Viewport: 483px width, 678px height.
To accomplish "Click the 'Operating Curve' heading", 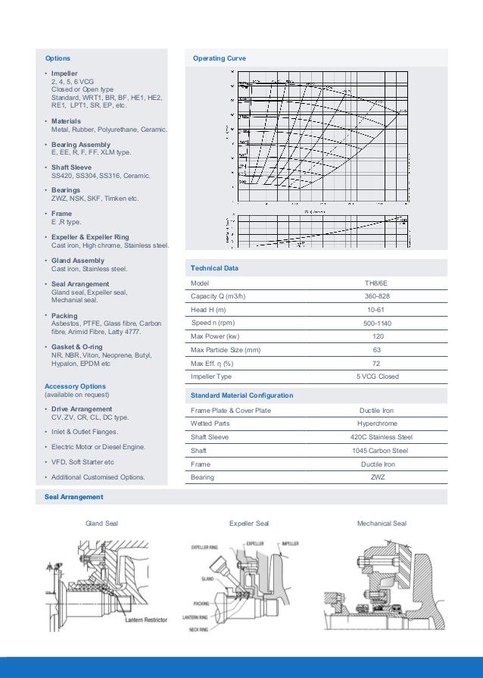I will pyautogui.click(x=219, y=58).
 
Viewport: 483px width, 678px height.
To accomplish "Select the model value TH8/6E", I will pyautogui.click(x=375, y=283).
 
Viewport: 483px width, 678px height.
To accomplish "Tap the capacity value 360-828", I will pyautogui.click(x=375, y=296).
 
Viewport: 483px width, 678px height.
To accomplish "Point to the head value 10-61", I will pyautogui.click(x=375, y=310).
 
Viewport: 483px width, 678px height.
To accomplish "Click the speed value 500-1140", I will pyautogui.click(x=377, y=323).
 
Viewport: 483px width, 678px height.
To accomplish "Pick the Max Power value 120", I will pyautogui.click(x=375, y=336).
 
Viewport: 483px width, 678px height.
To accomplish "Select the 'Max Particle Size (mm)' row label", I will pyautogui.click(x=226, y=349).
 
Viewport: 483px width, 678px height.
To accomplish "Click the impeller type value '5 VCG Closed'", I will pyautogui.click(x=377, y=376).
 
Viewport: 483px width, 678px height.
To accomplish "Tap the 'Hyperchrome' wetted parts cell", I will pyautogui.click(x=376, y=423).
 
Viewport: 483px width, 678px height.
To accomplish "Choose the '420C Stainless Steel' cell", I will pyautogui.click(x=381, y=437).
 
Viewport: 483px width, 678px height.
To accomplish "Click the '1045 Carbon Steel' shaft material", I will pyautogui.click(x=379, y=451).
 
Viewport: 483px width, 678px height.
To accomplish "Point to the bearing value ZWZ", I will pyautogui.click(x=377, y=477).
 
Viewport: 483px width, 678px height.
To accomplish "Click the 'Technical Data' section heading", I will pyautogui.click(x=216, y=268).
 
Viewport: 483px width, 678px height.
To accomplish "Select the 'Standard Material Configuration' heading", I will pyautogui.click(x=241, y=395).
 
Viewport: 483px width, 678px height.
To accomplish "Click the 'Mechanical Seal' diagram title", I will pyautogui.click(x=382, y=523).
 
